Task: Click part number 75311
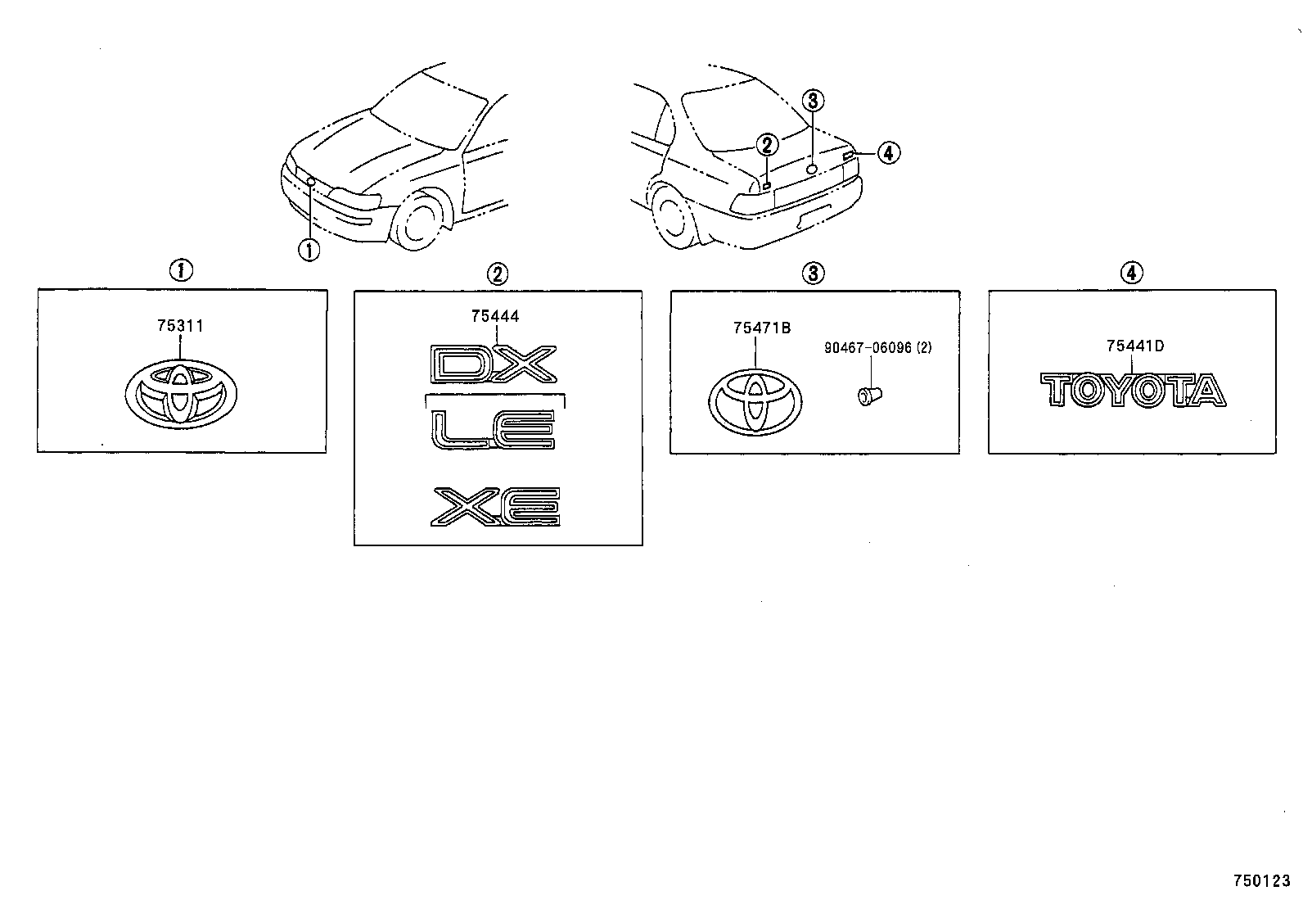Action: [180, 326]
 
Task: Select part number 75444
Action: [494, 316]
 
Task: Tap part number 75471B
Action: [761, 328]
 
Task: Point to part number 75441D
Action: [1134, 346]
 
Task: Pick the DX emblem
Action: [494, 364]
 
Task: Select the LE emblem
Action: [494, 430]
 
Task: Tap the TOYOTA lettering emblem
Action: [1133, 390]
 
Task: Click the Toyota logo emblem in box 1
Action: [182, 394]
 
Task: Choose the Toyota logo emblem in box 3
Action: [755, 400]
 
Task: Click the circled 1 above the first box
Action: [180, 269]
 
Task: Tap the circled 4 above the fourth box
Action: [1131, 273]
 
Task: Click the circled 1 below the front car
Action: [309, 249]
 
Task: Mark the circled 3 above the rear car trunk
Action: [812, 102]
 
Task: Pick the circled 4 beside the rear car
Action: [888, 152]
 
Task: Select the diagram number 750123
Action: [1261, 882]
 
